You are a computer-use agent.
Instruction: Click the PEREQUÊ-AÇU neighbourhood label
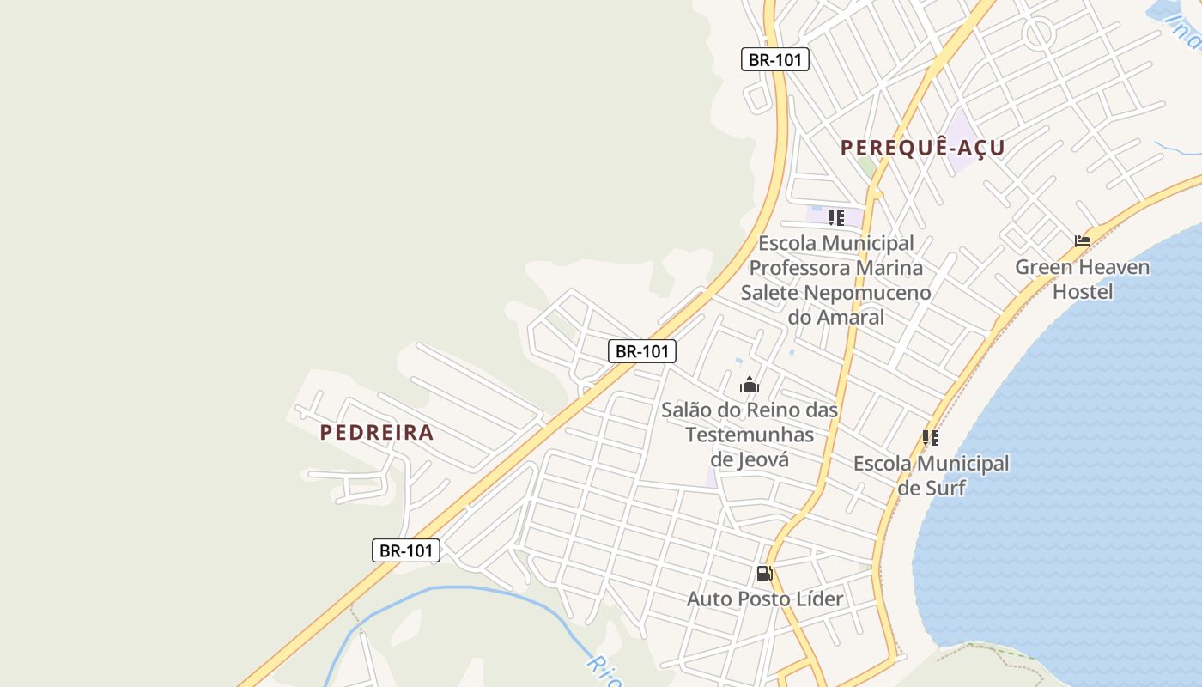point(922,148)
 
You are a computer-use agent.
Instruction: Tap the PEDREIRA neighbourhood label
point(377,432)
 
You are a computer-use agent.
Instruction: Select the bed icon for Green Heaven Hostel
point(1083,241)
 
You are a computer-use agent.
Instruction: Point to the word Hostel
point(1083,292)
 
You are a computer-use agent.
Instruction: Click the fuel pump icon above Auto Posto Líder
point(764,573)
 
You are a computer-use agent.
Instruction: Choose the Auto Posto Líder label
point(764,599)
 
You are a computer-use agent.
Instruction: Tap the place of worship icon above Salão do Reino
point(750,385)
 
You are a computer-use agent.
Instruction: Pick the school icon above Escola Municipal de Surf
point(931,438)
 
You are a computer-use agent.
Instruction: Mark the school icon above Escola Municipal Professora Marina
point(836,217)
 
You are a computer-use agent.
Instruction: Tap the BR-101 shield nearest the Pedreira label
point(406,550)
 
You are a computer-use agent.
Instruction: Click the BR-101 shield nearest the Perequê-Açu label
point(774,59)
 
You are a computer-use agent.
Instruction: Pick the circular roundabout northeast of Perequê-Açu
point(1038,33)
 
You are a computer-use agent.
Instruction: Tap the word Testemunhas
point(750,435)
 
